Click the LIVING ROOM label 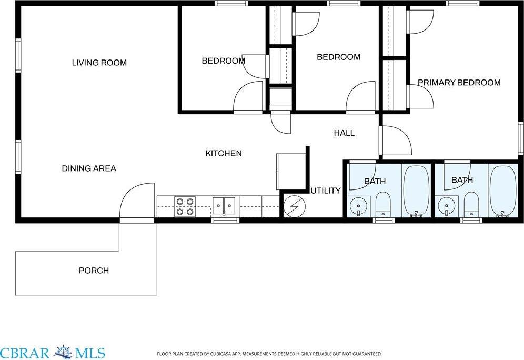click(99, 63)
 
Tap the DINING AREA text click(89, 168)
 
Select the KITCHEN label click(224, 153)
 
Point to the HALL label click(344, 133)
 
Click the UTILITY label click(325, 191)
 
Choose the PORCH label click(94, 271)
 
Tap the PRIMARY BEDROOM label click(459, 83)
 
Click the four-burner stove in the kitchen click(185, 206)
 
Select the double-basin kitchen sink click(224, 205)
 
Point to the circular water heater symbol click(293, 205)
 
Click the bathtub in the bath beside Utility click(417, 190)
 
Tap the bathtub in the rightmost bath click(503, 190)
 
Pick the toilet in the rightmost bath click(471, 204)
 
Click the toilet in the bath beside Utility click(383, 204)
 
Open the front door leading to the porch click(137, 202)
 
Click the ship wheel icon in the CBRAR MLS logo click(63, 352)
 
